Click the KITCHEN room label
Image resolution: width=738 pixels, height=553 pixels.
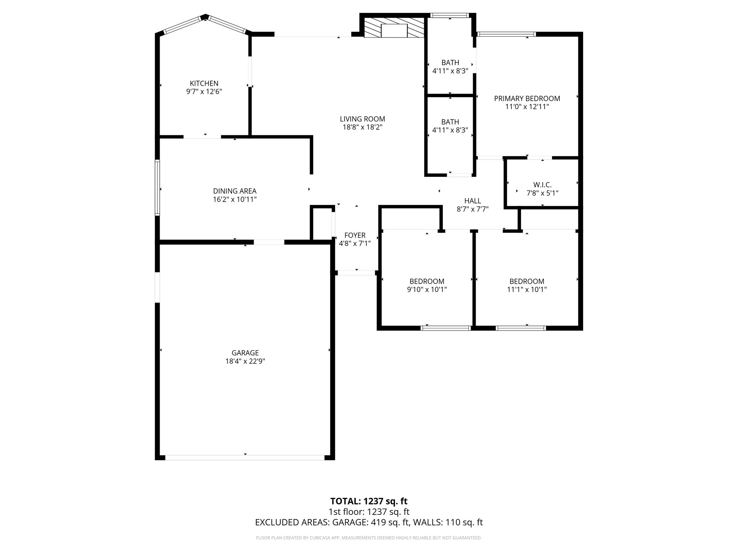tap(204, 84)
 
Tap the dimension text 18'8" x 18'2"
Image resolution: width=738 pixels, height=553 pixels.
tap(362, 127)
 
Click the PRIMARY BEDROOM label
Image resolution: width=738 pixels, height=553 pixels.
tap(527, 99)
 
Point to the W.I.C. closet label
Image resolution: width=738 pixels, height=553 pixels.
tap(542, 185)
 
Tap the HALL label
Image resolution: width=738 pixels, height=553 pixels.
tap(472, 201)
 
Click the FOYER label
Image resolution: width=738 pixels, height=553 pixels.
tap(355, 235)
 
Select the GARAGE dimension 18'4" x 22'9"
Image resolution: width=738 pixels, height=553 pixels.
tap(245, 361)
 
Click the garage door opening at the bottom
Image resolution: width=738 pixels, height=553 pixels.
tap(245, 457)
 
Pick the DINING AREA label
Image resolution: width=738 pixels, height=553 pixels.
tap(235, 191)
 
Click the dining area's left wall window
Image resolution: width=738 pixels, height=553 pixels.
tap(157, 188)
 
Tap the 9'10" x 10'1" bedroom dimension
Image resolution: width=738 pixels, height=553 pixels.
tap(427, 289)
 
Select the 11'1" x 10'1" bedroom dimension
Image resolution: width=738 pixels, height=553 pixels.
tap(526, 289)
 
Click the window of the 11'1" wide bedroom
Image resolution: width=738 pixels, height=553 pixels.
tap(521, 328)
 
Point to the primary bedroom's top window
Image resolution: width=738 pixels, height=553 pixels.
tap(506, 34)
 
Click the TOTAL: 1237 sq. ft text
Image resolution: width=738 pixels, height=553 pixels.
tap(369, 501)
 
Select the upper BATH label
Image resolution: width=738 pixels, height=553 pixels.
tap(450, 63)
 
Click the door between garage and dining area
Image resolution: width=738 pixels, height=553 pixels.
tap(269, 242)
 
